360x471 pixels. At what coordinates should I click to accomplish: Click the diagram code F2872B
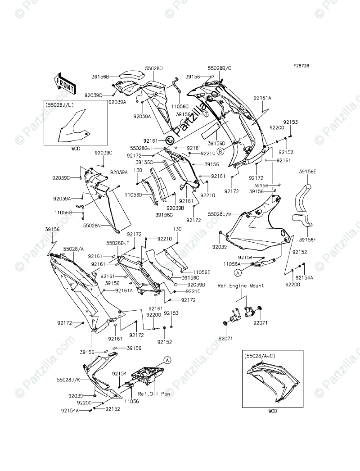(301, 66)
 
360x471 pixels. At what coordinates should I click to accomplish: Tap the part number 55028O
(153, 68)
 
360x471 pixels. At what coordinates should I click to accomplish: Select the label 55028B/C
(219, 68)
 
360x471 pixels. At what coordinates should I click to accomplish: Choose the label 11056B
(63, 212)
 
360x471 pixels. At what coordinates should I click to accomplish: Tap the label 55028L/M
(220, 214)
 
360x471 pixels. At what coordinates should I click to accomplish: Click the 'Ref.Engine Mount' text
(241, 286)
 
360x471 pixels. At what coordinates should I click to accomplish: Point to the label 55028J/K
(69, 380)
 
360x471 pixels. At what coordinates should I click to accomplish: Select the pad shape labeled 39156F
(302, 221)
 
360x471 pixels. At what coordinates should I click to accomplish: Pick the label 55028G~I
(142, 148)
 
